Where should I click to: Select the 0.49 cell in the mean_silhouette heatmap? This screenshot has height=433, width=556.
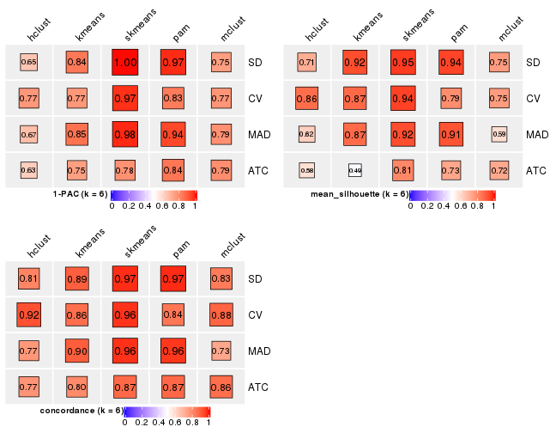[x=354, y=170]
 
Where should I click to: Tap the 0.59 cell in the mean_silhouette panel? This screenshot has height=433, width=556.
[x=499, y=134]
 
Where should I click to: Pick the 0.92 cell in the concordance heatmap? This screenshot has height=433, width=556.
[x=29, y=314]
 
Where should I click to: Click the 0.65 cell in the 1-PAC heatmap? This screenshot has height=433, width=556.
[x=29, y=62]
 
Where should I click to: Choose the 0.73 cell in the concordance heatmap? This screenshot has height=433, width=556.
[x=221, y=351]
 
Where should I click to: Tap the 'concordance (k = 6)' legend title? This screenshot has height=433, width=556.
[x=82, y=411]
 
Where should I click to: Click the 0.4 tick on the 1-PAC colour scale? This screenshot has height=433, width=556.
[x=145, y=206]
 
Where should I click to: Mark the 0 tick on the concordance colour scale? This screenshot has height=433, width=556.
[x=125, y=423]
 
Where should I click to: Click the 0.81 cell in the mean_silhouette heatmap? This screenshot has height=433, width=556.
[x=402, y=170]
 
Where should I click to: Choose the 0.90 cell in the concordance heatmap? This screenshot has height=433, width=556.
[x=77, y=351]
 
